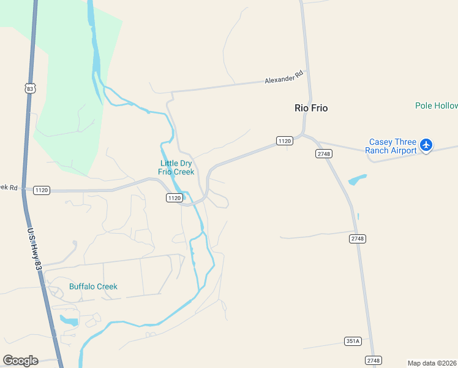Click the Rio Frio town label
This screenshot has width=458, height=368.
pyautogui.click(x=311, y=108)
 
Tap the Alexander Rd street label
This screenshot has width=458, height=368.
pyautogui.click(x=284, y=77)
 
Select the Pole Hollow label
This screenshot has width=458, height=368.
pyautogui.click(x=436, y=105)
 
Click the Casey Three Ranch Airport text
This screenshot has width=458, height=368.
pyautogui.click(x=391, y=146)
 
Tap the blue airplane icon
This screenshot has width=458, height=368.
pyautogui.click(x=427, y=146)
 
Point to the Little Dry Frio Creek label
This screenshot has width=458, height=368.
pyautogui.click(x=176, y=167)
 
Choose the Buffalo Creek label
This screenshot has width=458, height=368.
pyautogui.click(x=93, y=286)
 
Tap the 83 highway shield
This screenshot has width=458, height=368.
pyautogui.click(x=30, y=89)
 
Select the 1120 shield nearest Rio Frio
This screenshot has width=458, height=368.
pyautogui.click(x=284, y=141)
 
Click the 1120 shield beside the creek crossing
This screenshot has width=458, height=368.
pyautogui.click(x=174, y=197)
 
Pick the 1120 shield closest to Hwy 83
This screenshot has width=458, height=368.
pyautogui.click(x=42, y=190)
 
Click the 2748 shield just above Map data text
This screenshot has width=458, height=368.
pyautogui.click(x=373, y=360)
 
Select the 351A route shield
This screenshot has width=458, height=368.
pyautogui.click(x=353, y=341)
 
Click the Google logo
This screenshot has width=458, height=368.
pyautogui.click(x=20, y=361)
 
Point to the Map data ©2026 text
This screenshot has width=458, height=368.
pyautogui.click(x=432, y=363)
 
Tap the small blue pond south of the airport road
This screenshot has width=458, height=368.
pyautogui.click(x=357, y=180)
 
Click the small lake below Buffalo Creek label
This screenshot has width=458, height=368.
pyautogui.click(x=69, y=321)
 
